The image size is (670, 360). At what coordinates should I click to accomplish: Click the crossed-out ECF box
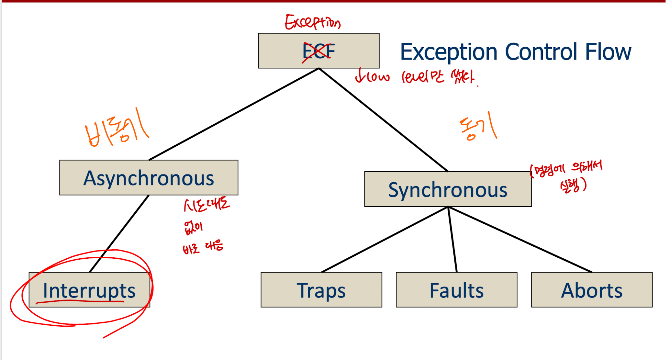point(318,51)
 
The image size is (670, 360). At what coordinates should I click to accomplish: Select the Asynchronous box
point(149,178)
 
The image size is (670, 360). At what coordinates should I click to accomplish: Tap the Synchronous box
point(448,189)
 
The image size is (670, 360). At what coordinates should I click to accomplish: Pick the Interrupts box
point(89,290)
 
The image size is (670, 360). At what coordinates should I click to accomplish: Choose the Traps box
point(321,290)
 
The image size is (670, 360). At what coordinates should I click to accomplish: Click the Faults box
point(456,290)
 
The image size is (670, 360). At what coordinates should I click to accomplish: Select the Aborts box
point(592,290)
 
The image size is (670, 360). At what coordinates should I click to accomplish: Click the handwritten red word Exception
point(312,22)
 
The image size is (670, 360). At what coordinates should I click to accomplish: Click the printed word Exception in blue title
point(449,52)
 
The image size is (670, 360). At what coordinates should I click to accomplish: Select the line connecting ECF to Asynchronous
point(234,114)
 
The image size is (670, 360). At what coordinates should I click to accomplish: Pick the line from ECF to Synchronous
point(384,120)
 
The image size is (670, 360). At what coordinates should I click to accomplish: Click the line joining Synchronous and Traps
point(385,240)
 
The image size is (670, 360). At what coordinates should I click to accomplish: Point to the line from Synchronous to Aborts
point(520,240)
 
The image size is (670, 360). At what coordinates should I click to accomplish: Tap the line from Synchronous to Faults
point(452,240)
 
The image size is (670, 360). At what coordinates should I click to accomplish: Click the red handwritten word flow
point(373,77)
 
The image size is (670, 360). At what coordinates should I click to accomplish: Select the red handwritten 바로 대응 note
point(203,247)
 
